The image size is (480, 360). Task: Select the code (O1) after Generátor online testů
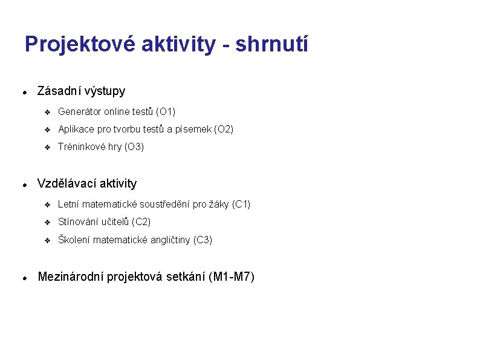(165, 112)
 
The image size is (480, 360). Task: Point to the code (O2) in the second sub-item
(223, 129)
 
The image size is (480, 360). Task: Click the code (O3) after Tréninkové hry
(134, 147)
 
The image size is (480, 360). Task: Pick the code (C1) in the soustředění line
(240, 205)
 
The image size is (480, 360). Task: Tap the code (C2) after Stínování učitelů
(140, 222)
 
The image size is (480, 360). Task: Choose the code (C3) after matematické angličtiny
(202, 240)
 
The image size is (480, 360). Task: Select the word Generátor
(79, 112)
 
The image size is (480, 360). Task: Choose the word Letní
(68, 205)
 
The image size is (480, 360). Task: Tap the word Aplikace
(76, 129)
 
